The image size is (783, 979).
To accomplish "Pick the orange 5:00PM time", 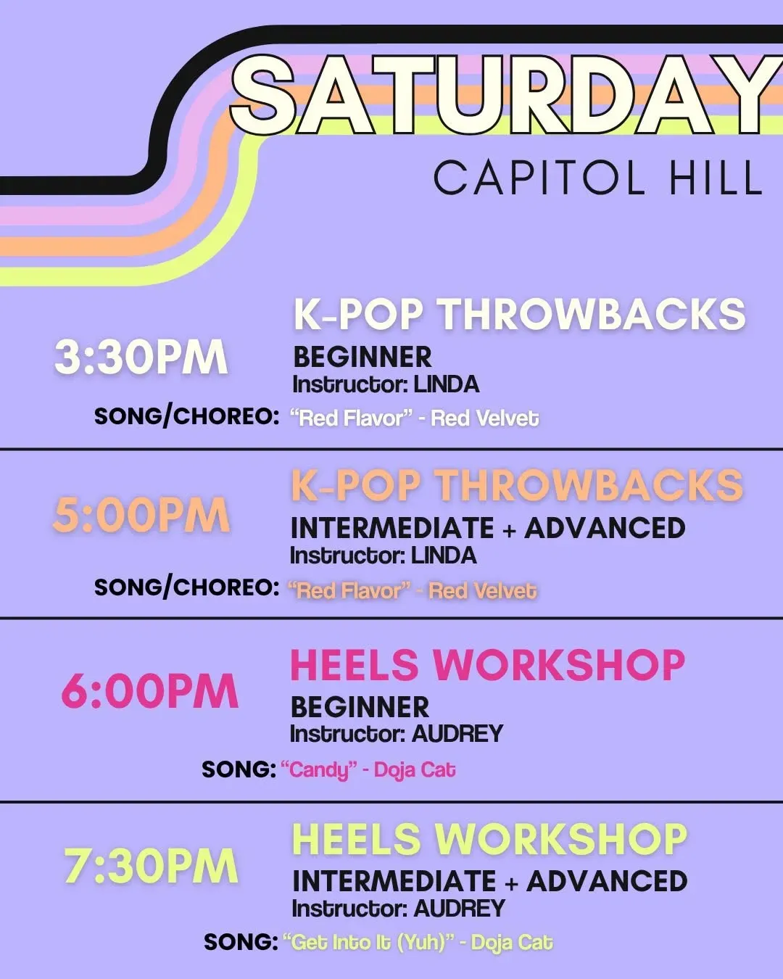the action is (x=141, y=515).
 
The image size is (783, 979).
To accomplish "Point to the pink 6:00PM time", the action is (x=150, y=691).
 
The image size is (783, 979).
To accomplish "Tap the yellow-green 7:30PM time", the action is (x=151, y=866).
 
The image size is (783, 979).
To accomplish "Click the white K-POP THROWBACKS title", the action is (x=520, y=314).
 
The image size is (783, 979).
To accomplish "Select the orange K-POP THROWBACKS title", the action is (x=517, y=485).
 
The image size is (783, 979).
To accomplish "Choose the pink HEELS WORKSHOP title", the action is (x=488, y=665).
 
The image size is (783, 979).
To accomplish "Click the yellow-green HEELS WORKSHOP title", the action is (x=489, y=840).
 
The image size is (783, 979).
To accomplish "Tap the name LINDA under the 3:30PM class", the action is (x=447, y=385).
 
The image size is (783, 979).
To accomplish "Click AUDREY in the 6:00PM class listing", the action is (x=457, y=734).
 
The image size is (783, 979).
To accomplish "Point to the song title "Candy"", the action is (x=319, y=770).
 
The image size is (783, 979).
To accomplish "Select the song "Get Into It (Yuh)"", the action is (x=368, y=942).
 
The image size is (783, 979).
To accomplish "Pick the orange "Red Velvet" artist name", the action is (x=483, y=590).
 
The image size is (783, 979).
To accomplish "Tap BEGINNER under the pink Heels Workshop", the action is (x=360, y=707).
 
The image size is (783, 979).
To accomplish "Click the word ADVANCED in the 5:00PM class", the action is (x=605, y=528).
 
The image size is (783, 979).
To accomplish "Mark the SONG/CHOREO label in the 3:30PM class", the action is (x=186, y=416).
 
